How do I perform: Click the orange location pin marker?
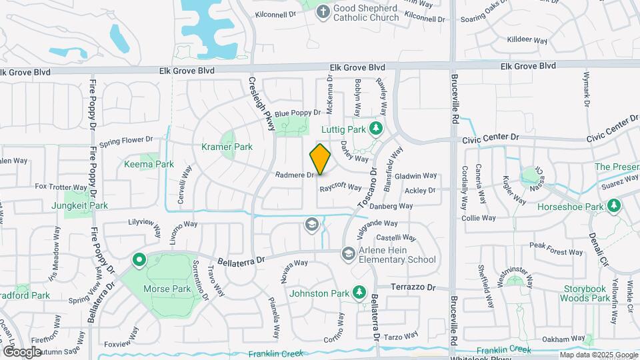pos(320,159)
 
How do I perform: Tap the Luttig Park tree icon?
pos(376,128)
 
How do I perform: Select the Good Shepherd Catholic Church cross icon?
pos(323,12)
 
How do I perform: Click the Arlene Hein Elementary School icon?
pos(348,253)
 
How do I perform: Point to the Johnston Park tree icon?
pos(359,292)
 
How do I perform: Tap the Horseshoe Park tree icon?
pos(612,207)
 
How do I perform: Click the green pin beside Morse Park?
pos(139,260)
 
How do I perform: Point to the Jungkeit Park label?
pos(79,206)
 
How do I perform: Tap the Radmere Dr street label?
pos(294,175)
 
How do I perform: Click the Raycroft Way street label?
pos(340,188)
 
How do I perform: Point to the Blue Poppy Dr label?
pos(297,113)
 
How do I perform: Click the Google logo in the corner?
pos(21,351)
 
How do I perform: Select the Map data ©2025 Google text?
pos(599,355)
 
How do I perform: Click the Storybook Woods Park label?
pos(585,293)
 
